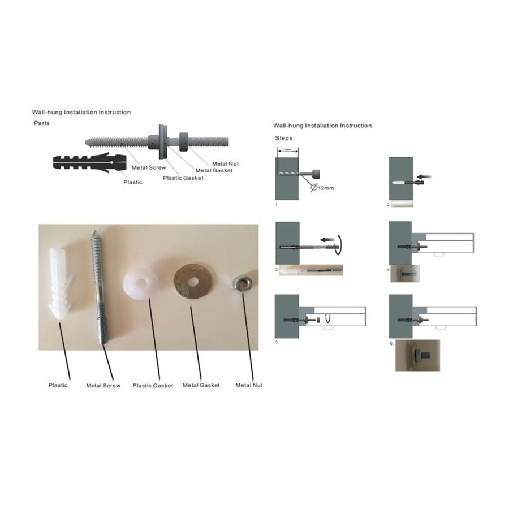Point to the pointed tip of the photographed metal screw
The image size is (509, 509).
tap(95, 231)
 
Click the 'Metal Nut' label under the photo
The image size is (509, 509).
tap(249, 385)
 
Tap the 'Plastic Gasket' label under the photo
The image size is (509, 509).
tap(153, 386)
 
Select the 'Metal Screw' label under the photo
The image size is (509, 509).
tap(103, 386)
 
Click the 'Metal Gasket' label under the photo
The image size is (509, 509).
tap(201, 385)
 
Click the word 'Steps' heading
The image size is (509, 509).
tap(283, 137)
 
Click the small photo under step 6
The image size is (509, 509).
tap(417, 355)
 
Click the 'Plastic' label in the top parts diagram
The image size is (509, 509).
tap(133, 182)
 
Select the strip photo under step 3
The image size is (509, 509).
tap(311, 270)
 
